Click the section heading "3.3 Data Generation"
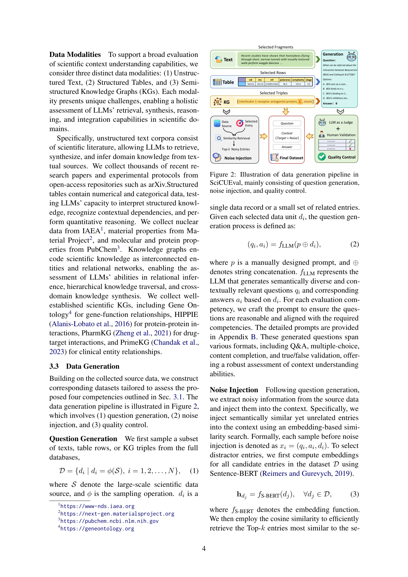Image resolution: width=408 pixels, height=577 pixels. (x=84, y=366)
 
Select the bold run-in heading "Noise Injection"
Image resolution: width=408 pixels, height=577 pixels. (x=234, y=390)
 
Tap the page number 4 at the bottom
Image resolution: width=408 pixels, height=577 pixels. (x=204, y=548)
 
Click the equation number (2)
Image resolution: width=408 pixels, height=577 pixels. (x=355, y=244)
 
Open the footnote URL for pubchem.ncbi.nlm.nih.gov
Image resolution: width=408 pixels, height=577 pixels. (x=109, y=521)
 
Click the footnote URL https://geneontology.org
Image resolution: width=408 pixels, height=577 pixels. (x=97, y=529)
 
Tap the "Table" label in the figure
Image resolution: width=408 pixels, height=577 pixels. (x=228, y=82)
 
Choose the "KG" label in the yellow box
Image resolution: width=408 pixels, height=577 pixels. (x=226, y=102)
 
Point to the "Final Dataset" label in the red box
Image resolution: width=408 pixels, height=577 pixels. (x=291, y=158)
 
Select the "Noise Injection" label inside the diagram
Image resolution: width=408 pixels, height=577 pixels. (x=238, y=158)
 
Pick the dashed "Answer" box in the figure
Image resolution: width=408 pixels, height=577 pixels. (x=287, y=147)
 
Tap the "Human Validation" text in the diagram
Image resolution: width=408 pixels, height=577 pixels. (x=341, y=135)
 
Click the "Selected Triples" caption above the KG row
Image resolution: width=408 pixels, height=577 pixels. (x=273, y=93)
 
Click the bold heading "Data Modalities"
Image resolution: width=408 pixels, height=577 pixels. (x=75, y=55)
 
